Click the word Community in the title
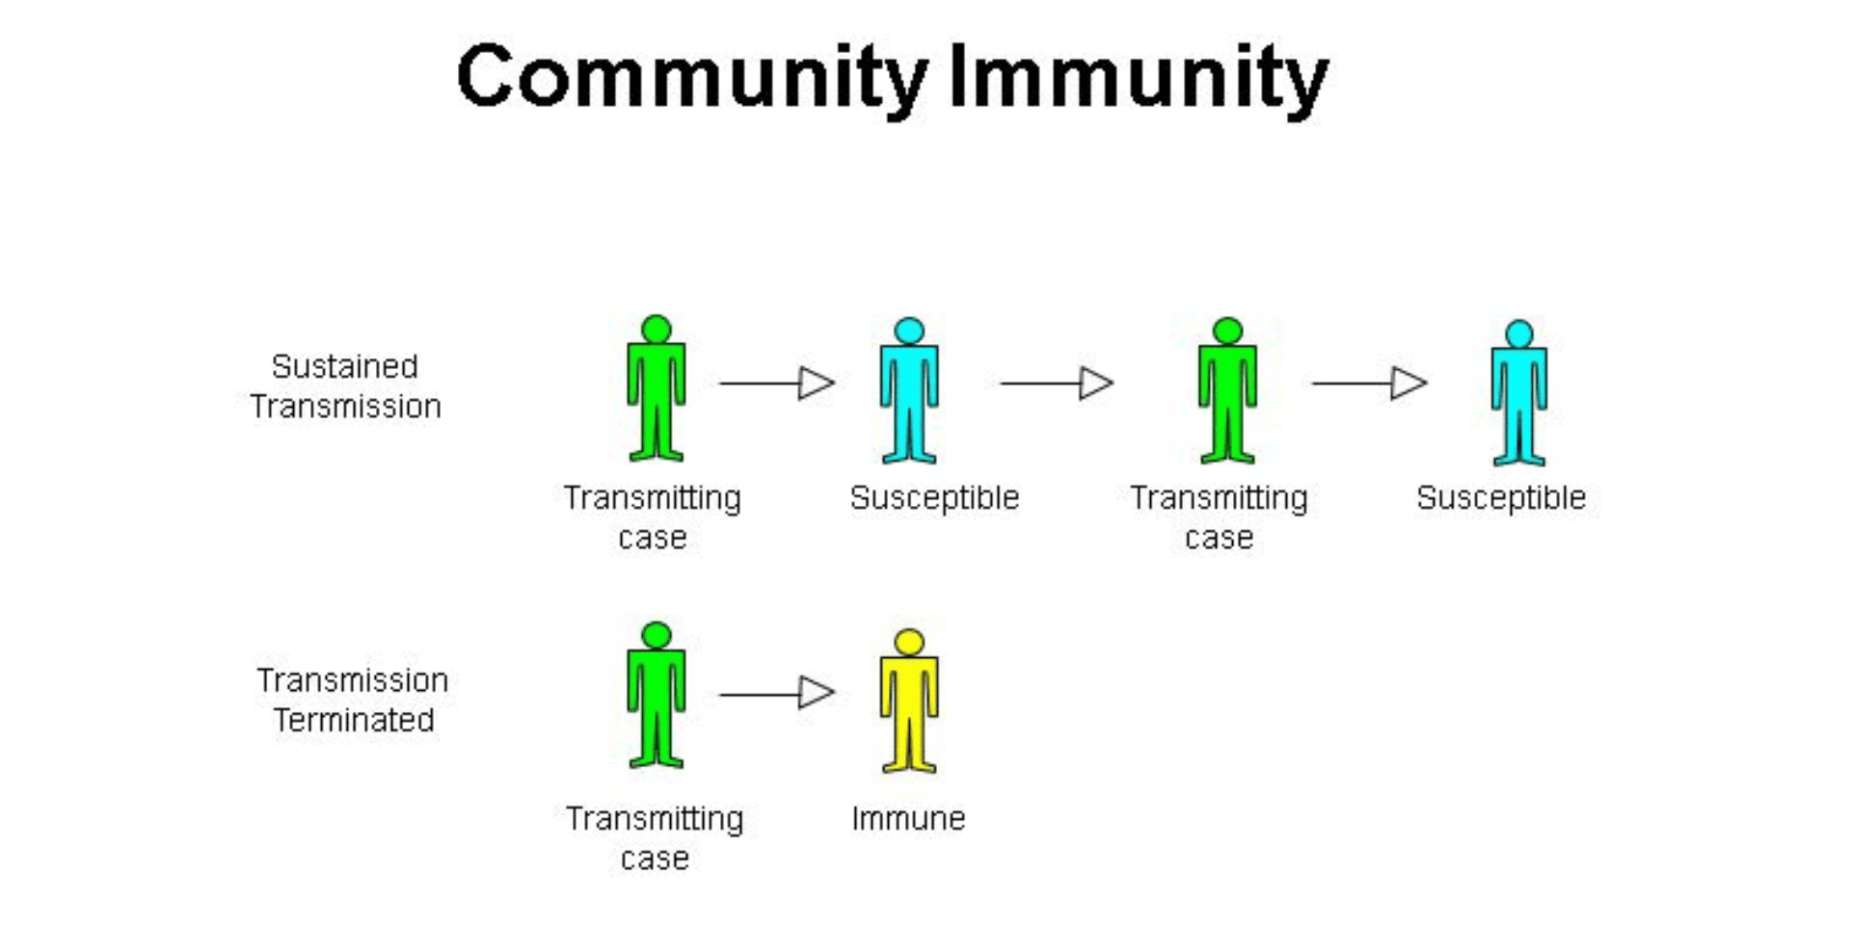pos(692,77)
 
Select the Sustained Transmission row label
pos(345,386)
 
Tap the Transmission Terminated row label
pos(352,700)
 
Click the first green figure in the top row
pos(657,395)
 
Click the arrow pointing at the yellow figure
pos(777,693)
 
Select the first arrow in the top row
pos(777,383)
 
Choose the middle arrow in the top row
pos(1057,383)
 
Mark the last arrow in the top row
pos(1369,383)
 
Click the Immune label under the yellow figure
pos(908,818)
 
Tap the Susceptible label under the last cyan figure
pos(1501,497)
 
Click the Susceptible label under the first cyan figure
pos(934,497)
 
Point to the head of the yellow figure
pos(909,642)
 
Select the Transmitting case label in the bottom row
pos(655,837)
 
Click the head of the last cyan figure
pos(1519,333)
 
